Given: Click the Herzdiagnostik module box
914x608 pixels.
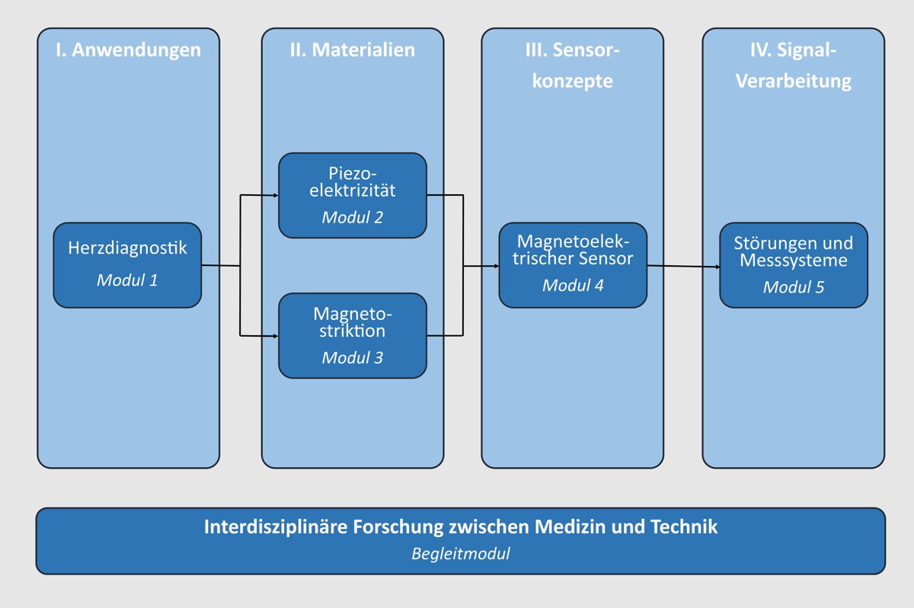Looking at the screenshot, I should [127, 264].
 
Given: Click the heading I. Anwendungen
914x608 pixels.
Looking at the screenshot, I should [128, 50].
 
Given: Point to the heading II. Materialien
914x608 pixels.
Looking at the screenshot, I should [352, 50].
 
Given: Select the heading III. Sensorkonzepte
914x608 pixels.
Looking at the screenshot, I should [573, 65].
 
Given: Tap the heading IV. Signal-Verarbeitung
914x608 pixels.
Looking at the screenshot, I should [794, 65].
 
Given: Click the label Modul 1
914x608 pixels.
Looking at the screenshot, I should [127, 280].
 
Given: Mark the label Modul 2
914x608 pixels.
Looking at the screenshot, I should [352, 217].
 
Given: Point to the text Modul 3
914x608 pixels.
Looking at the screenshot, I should [352, 357].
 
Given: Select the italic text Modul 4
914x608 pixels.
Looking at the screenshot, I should [573, 286].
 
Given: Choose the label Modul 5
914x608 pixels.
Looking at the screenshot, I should [794, 287].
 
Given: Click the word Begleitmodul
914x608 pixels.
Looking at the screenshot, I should [460, 554].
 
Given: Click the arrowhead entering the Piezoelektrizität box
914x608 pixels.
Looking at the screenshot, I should [275, 195].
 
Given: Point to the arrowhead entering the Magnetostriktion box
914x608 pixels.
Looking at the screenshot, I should [275, 334].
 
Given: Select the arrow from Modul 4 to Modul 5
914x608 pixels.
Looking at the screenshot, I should [683, 267].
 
